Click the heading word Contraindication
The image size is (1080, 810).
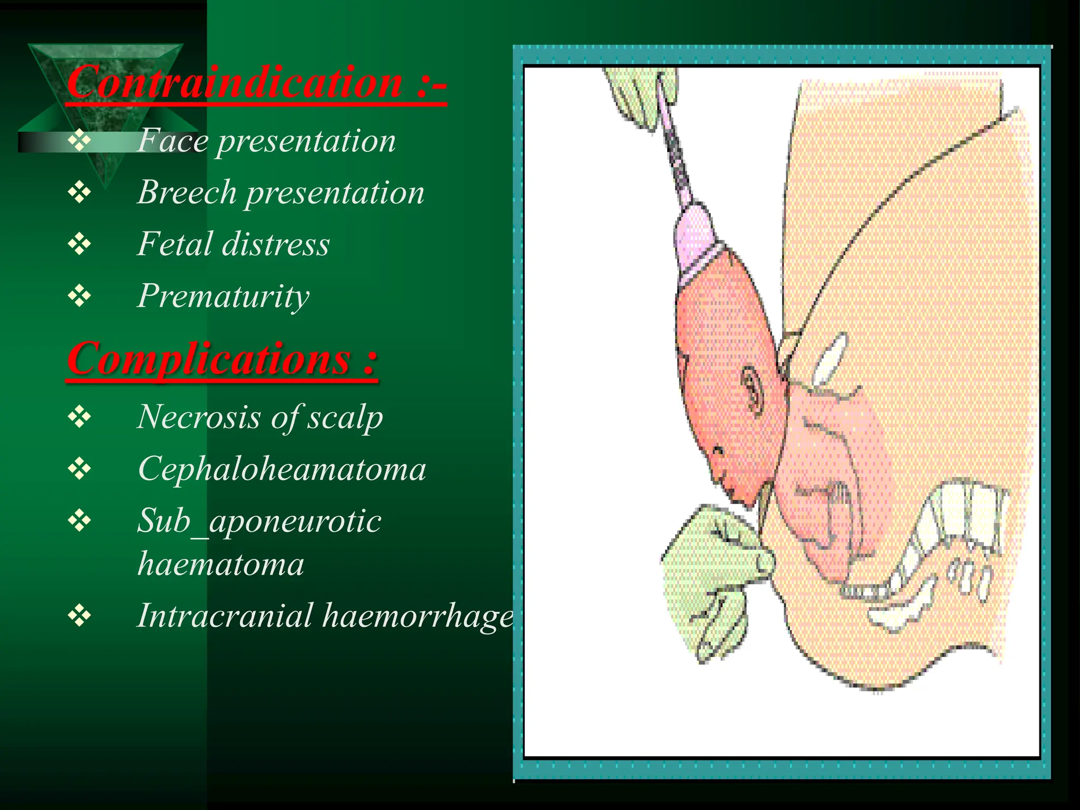point(235,83)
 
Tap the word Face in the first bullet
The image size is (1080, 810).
point(172,141)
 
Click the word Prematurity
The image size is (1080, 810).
point(223,296)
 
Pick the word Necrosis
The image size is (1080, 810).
point(199,417)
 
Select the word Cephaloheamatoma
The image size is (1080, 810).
point(282,469)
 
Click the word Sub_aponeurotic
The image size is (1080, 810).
point(259,522)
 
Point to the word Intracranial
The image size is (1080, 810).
point(225,615)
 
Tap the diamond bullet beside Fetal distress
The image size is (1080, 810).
point(79,245)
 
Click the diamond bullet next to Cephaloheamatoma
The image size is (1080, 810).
point(79,469)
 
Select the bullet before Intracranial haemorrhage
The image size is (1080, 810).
point(79,616)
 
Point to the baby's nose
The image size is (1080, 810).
point(718,451)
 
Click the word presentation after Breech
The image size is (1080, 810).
point(335,192)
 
